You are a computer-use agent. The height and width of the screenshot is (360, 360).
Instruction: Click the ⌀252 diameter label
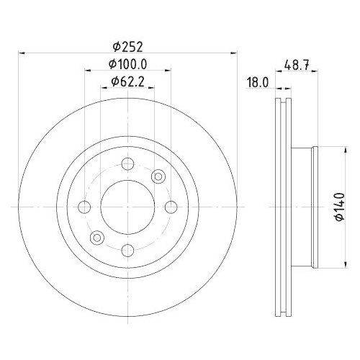click(x=128, y=47)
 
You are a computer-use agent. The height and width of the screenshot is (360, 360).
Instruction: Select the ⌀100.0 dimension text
click(x=128, y=65)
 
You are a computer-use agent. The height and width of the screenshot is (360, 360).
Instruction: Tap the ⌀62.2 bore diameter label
click(x=128, y=83)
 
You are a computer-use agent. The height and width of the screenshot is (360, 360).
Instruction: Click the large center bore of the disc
click(x=128, y=207)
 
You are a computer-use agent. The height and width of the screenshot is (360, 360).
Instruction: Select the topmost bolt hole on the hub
click(x=128, y=163)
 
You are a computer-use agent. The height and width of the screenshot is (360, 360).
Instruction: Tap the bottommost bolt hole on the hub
click(x=128, y=250)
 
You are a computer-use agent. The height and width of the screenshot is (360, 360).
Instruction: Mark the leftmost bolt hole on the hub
click(x=85, y=207)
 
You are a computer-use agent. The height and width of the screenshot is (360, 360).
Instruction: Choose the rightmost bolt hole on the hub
click(x=171, y=207)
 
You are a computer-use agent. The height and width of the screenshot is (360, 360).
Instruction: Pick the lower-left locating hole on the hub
click(x=97, y=238)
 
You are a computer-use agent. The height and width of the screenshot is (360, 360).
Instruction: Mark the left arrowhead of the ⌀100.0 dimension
click(x=88, y=71)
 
